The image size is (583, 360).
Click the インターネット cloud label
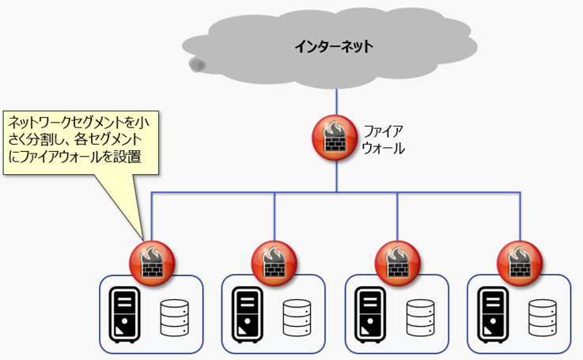click(x=334, y=47)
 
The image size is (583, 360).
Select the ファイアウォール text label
click(x=384, y=138)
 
